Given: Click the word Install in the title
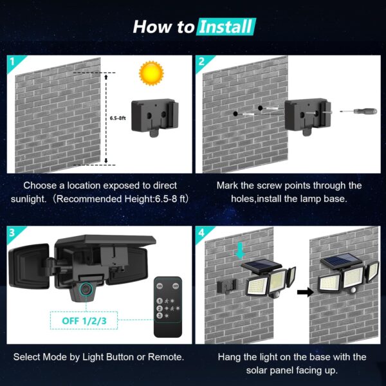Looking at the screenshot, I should pyautogui.click(x=226, y=27).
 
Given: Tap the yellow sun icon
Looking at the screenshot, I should pyautogui.click(x=151, y=72).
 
